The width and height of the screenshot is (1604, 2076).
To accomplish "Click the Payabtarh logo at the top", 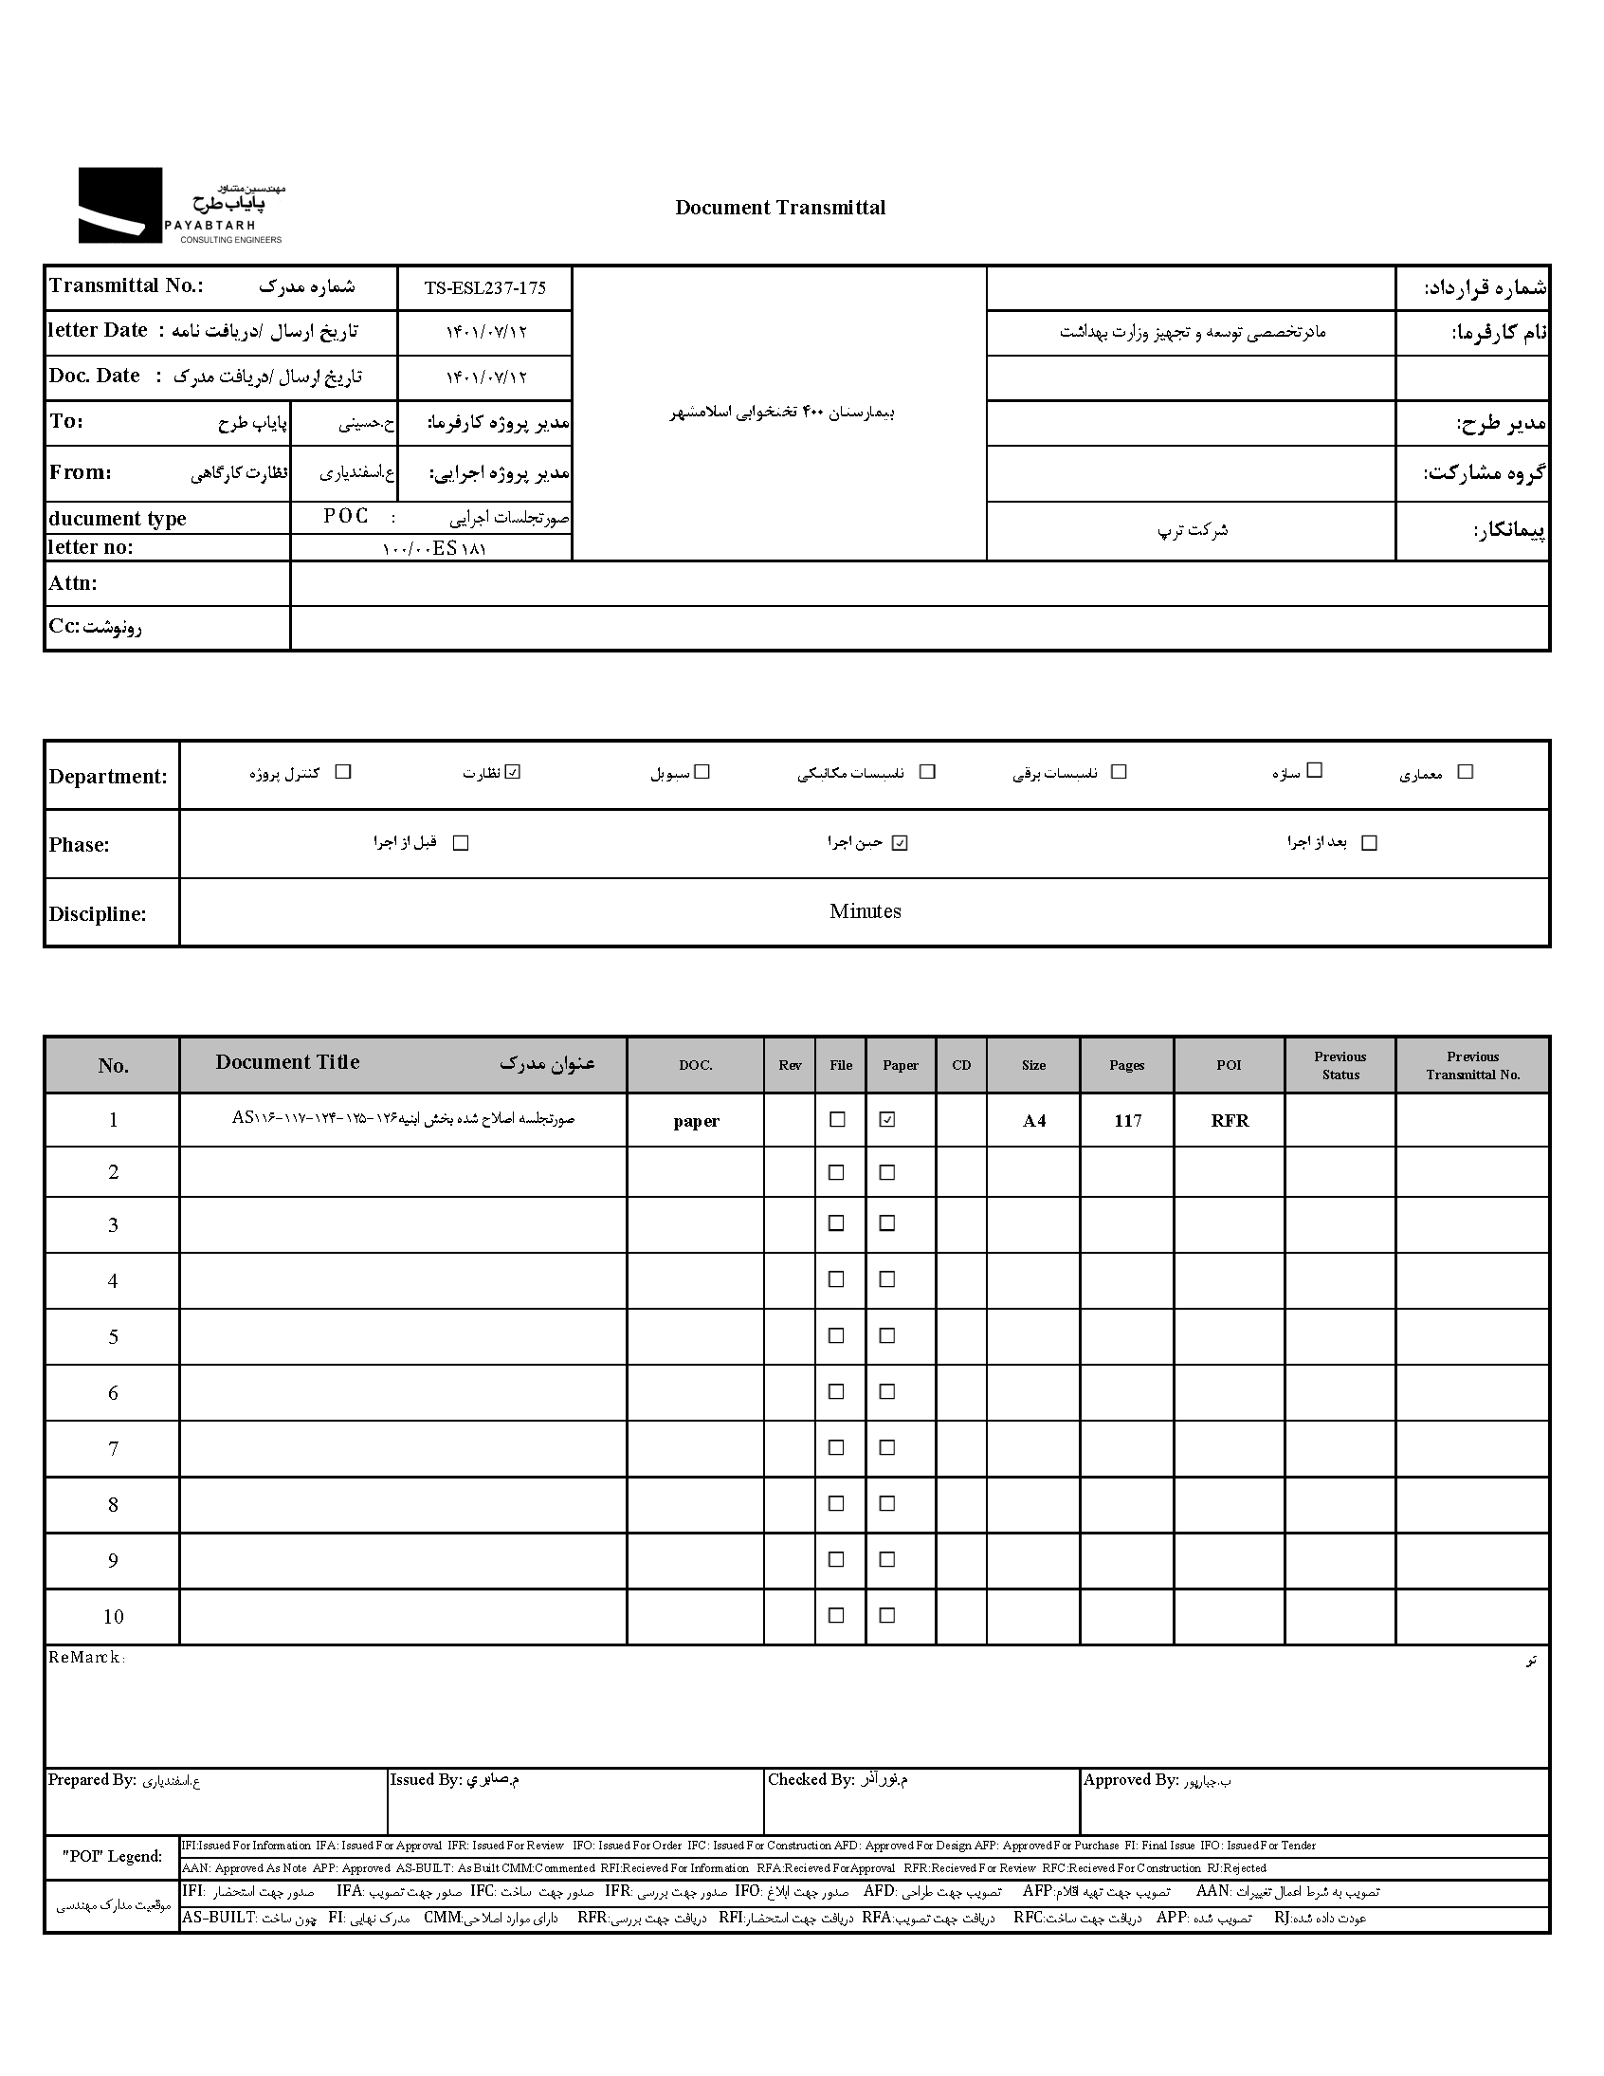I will point(180,206).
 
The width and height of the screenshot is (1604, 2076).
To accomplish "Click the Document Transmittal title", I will point(779,209).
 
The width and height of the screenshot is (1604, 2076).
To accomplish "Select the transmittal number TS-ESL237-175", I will point(484,288).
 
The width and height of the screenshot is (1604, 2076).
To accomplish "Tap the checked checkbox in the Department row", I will point(513,772).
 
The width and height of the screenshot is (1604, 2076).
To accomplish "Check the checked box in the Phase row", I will point(900,842).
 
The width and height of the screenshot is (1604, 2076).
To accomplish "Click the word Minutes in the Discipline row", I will point(865,911).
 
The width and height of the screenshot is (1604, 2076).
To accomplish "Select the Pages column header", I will point(1126,1066).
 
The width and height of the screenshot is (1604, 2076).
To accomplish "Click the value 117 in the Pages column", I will point(1127,1121).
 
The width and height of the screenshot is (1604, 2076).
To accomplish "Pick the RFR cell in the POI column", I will point(1229,1121).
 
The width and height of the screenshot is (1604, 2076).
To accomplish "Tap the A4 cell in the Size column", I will point(1034,1121).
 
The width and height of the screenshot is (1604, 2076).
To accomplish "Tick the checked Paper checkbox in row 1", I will point(886,1120).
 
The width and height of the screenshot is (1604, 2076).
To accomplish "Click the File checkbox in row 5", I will point(836,1335).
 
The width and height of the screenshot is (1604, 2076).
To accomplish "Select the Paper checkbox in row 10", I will point(886,1615).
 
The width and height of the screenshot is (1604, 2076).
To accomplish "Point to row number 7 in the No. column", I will point(113,1448).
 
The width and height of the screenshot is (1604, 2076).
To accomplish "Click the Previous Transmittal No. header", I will point(1472,1066).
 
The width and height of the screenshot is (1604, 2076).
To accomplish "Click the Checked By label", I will point(811,1779).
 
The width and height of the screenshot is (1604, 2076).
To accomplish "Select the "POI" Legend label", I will point(112,1856).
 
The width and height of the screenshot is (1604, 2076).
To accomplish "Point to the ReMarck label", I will point(85,1658).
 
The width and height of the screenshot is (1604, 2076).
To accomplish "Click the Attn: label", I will point(73,583).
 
